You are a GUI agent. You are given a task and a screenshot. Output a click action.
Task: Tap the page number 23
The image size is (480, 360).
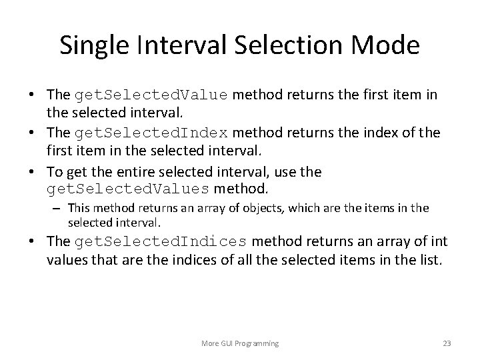pos(447,343)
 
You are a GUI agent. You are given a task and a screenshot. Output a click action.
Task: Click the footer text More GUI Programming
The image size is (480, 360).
pos(240,343)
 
